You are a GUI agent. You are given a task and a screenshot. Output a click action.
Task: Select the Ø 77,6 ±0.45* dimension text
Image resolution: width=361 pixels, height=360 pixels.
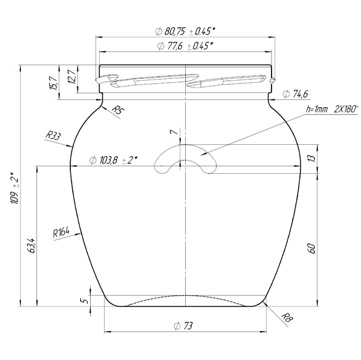185,46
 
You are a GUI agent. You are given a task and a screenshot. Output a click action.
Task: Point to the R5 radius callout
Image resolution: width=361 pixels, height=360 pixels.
118,111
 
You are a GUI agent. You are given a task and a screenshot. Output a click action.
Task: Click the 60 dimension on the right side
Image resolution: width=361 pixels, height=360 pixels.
312,248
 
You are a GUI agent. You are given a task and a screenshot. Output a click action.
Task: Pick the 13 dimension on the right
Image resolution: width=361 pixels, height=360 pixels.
312,159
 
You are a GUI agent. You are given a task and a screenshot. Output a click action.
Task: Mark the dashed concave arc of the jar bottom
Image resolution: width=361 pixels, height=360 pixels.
185,297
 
